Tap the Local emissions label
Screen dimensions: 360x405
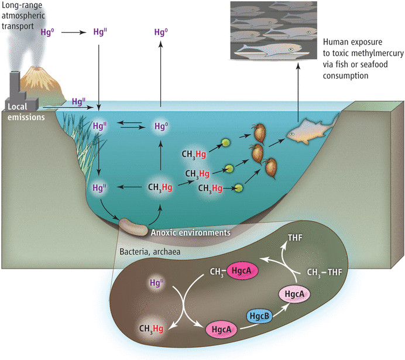[21, 111]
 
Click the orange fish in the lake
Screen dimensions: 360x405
[306, 133]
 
